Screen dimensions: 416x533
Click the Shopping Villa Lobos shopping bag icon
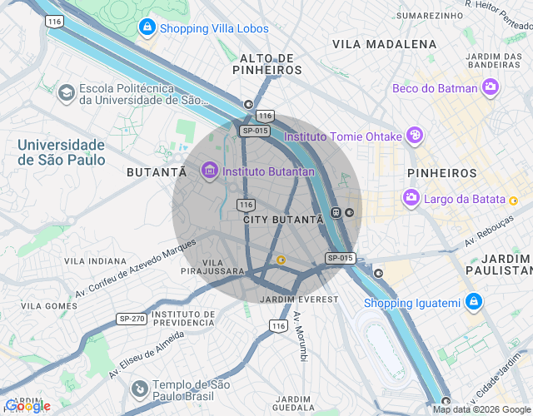147,28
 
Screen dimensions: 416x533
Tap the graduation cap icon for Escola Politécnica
66,94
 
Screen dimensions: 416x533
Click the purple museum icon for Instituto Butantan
209,171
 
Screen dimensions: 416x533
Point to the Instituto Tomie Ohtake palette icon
414,136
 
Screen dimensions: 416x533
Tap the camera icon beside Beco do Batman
491,87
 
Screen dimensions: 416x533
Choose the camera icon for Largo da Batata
411,199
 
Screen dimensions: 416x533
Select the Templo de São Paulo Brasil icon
141,387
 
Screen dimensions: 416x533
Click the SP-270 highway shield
132,319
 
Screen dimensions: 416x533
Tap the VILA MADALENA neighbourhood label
384,43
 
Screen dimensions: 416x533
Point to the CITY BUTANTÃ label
282,220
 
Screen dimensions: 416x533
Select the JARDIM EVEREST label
299,299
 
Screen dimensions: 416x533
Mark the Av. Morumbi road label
300,337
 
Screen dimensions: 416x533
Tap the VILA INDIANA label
96,260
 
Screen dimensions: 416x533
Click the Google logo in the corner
27,406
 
